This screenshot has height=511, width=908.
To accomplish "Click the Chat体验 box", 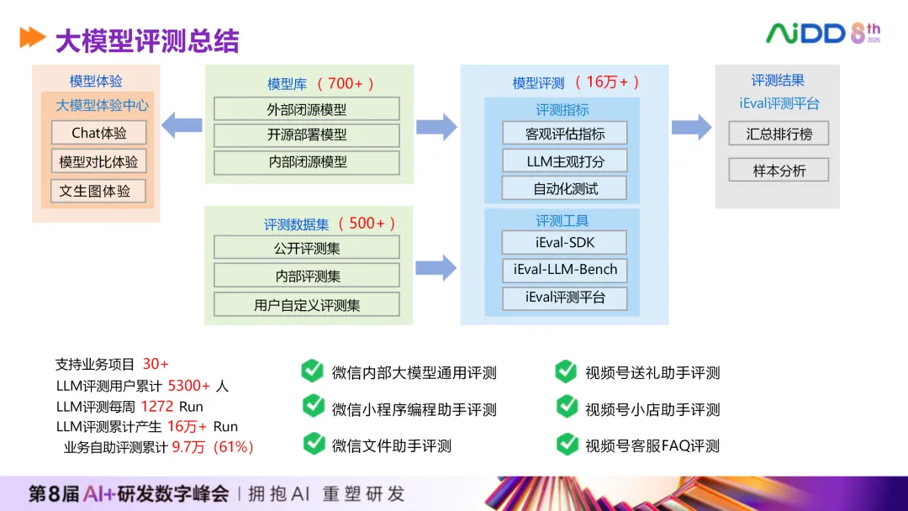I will pyautogui.click(x=98, y=133).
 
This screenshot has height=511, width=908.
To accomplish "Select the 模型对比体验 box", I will pyautogui.click(x=98, y=161).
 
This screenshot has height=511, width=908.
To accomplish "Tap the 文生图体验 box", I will pyautogui.click(x=98, y=191).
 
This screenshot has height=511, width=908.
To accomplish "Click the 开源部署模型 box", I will pyautogui.click(x=307, y=134).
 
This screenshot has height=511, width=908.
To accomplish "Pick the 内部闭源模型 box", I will pyautogui.click(x=307, y=162).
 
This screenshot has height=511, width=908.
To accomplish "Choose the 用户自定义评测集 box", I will pyautogui.click(x=307, y=305).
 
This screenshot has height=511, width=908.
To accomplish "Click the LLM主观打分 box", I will pyautogui.click(x=564, y=161).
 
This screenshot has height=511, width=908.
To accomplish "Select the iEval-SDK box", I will pyautogui.click(x=564, y=243).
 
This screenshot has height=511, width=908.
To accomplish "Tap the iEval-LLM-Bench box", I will pyautogui.click(x=564, y=270).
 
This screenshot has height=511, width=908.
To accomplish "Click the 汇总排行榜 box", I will pyautogui.click(x=778, y=134).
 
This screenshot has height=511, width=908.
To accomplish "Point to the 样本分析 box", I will pyautogui.click(x=779, y=171).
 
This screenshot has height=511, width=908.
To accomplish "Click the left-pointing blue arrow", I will pyautogui.click(x=182, y=126).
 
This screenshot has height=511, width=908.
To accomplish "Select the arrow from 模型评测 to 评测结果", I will pyautogui.click(x=691, y=127).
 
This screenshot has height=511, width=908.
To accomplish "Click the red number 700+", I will pyautogui.click(x=346, y=84).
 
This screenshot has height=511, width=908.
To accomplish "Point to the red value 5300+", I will pyautogui.click(x=189, y=386).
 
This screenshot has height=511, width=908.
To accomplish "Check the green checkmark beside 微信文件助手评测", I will pyautogui.click(x=314, y=444).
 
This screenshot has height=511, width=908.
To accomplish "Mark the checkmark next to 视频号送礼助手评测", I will pyautogui.click(x=567, y=371).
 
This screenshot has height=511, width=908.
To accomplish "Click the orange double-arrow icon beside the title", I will pyautogui.click(x=32, y=37).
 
